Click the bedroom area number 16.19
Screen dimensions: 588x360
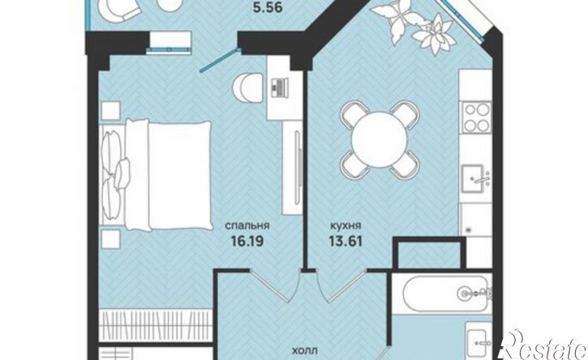coord(247,240)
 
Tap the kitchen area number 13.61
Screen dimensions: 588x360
coord(346,240)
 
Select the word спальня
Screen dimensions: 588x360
coord(247,225)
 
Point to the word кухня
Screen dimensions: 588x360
coord(346,225)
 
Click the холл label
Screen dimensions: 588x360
coord(305,351)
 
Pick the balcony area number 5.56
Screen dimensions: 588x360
coord(268,7)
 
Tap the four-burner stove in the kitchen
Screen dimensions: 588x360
coord(477,117)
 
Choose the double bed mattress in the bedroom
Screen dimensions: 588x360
coord(169,175)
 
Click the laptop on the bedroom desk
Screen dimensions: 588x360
coord(279,88)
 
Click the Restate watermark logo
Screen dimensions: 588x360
coord(544,345)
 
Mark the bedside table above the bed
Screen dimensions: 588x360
coord(110,110)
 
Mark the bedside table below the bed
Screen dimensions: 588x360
coord(110,239)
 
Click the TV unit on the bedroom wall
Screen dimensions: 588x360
coord(293,168)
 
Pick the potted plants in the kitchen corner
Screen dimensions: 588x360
coord(414,26)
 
